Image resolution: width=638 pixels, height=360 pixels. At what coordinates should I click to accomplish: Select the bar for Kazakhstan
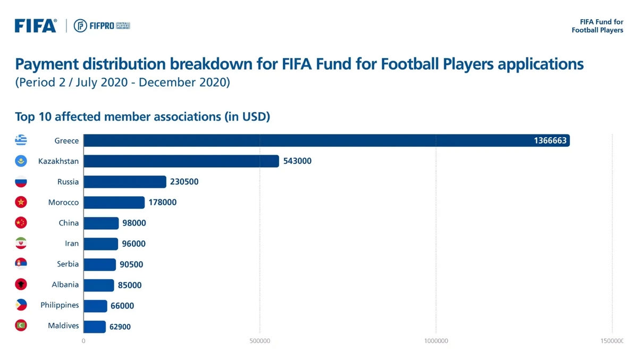[181, 161]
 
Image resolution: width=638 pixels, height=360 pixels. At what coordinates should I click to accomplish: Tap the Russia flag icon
[21, 182]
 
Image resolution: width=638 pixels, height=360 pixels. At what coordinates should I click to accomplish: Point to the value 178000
[163, 203]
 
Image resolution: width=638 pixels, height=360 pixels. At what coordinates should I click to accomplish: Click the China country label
[69, 223]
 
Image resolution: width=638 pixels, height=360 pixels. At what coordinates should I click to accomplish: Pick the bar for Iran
[101, 244]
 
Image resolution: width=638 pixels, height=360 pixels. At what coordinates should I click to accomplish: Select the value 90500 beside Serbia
[131, 264]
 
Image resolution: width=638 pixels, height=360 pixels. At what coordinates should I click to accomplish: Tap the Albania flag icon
[21, 284]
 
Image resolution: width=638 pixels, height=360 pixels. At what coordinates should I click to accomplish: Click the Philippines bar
[96, 306]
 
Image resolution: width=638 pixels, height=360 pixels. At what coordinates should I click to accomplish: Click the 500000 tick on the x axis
[259, 341]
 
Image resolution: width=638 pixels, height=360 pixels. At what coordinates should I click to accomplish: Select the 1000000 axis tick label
[436, 341]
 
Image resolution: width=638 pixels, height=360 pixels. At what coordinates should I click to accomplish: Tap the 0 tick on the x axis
[83, 341]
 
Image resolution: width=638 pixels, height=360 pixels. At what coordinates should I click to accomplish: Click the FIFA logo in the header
[35, 26]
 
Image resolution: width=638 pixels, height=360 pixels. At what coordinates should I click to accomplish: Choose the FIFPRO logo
[101, 26]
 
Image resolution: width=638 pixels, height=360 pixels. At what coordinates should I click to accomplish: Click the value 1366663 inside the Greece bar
[551, 141]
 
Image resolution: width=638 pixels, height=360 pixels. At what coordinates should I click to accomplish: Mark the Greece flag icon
[21, 140]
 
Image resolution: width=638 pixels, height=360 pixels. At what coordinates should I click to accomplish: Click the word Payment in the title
[47, 65]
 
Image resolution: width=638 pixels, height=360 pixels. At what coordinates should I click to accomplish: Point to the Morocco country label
[63, 203]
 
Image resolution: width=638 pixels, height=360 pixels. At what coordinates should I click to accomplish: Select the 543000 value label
[297, 161]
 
